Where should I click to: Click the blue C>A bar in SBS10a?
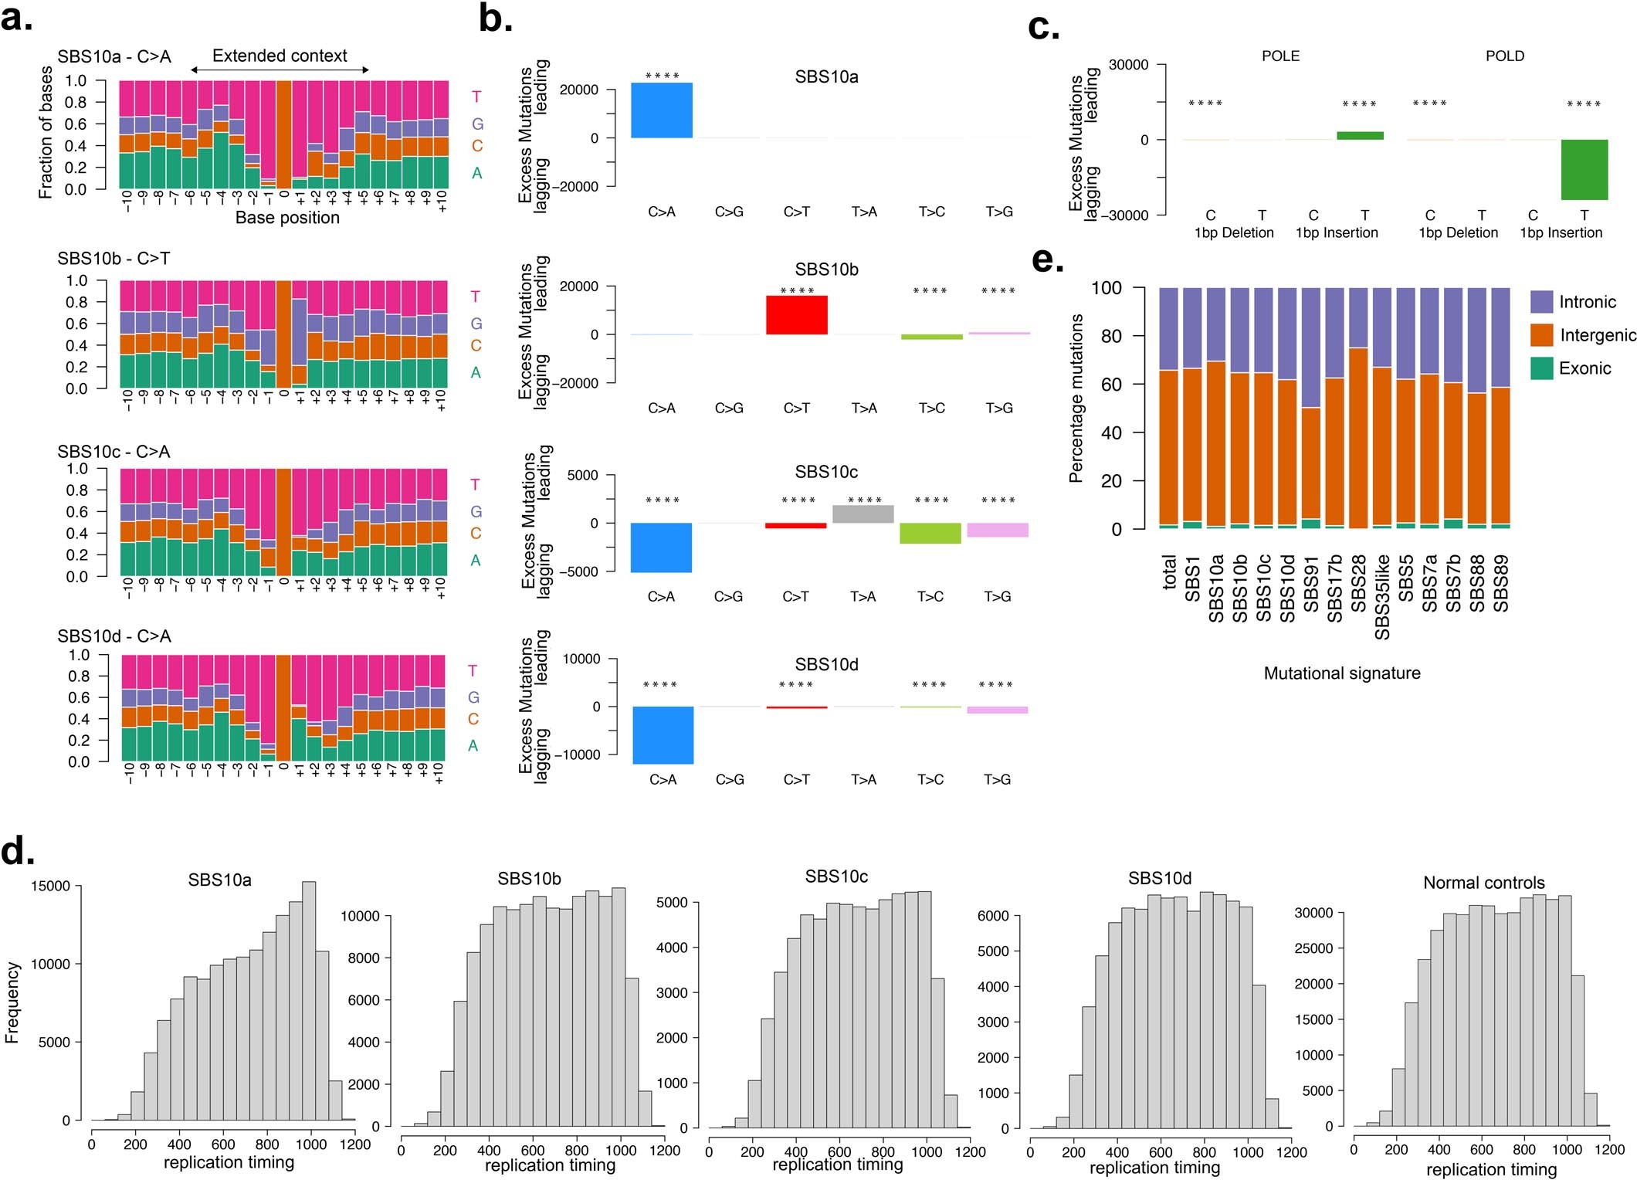pyautogui.click(x=662, y=110)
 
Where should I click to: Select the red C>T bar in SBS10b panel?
pyautogui.click(x=796, y=315)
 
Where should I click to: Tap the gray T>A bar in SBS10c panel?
pyautogui.click(x=863, y=514)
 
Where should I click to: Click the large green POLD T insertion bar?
pyautogui.click(x=1584, y=170)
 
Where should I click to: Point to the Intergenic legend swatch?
pyautogui.click(x=1541, y=334)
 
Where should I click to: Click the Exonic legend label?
pyautogui.click(x=1584, y=368)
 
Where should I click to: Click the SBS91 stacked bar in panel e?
pyautogui.click(x=1311, y=409)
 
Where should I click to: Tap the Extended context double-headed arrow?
pyautogui.click(x=280, y=70)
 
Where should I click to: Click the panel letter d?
pyautogui.click(x=17, y=851)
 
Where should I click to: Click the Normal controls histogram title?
pyautogui.click(x=1483, y=883)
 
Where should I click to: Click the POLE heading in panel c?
pyautogui.click(x=1280, y=56)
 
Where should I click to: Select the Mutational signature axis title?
pyautogui.click(x=1341, y=673)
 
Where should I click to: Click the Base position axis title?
pyautogui.click(x=287, y=218)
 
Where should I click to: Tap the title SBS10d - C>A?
pyautogui.click(x=114, y=636)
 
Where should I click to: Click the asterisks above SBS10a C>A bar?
pyautogui.click(x=662, y=76)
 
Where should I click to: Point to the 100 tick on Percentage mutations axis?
pyautogui.click(x=1106, y=288)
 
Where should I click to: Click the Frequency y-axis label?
pyautogui.click(x=12, y=1002)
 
